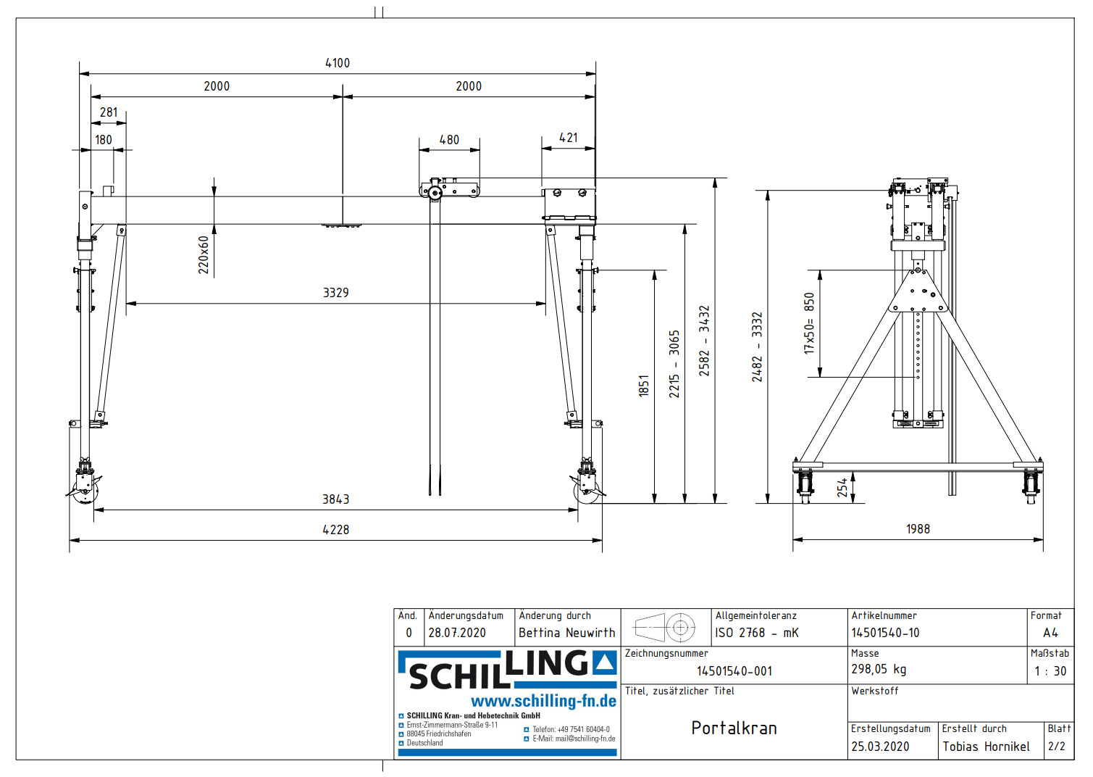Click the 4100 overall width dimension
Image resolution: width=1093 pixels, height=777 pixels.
tap(338, 63)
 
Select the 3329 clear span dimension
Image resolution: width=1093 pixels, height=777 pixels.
tap(335, 293)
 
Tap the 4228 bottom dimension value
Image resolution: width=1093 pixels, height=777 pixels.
tap(335, 530)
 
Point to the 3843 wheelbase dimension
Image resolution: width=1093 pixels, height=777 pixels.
tap(335, 499)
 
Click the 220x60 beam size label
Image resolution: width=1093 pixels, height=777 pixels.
tap(204, 254)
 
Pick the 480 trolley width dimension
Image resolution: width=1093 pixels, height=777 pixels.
tap(449, 140)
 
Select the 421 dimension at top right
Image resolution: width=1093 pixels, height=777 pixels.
tap(569, 138)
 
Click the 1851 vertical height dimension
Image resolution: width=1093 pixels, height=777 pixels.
tap(643, 386)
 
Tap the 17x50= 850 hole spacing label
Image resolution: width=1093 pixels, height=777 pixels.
tap(809, 323)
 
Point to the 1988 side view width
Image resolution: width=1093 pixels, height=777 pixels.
tap(918, 529)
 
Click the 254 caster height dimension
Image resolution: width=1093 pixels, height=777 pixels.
tap(842, 487)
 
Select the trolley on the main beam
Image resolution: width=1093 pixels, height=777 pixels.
tap(449, 189)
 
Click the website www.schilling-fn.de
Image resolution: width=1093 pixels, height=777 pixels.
tap(543, 701)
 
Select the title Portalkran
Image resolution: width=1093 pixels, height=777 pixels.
tap(734, 728)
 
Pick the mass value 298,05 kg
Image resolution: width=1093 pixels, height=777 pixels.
tap(879, 669)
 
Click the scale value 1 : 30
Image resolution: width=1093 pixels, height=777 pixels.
tap(1050, 671)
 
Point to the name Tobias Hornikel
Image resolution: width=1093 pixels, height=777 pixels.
tap(986, 747)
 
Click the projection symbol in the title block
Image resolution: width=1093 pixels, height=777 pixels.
tap(665, 627)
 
